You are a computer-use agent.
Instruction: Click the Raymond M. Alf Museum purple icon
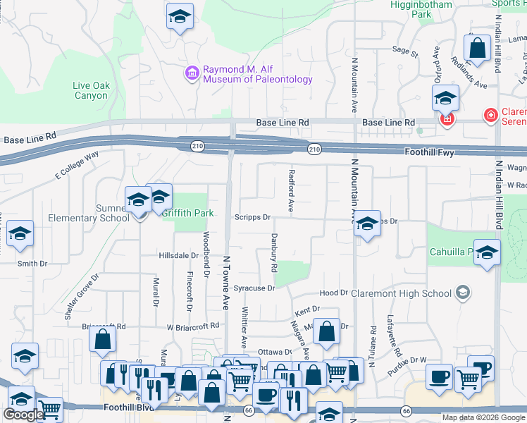point(192,73)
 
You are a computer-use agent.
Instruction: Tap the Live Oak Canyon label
point(91,90)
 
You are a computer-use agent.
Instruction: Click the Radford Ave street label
point(290,191)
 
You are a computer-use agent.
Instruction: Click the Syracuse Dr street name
point(254,288)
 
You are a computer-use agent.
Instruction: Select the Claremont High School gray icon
point(463,293)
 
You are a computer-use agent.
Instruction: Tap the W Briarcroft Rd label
point(193,327)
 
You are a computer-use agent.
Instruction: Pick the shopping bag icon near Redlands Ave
point(477,49)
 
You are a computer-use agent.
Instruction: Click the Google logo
point(23,415)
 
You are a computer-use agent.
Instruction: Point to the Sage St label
point(405,51)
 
